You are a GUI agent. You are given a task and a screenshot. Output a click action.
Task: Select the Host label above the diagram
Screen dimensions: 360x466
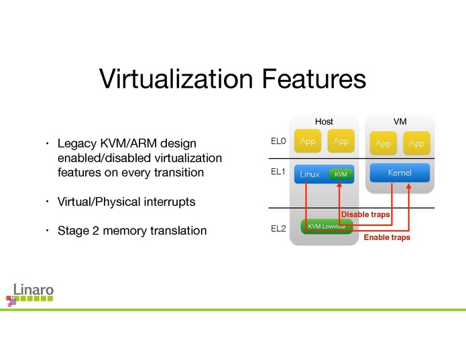click(x=324, y=121)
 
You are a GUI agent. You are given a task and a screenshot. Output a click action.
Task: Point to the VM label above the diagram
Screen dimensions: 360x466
click(x=400, y=121)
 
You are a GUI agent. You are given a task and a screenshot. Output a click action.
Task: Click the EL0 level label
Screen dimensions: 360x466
click(x=278, y=141)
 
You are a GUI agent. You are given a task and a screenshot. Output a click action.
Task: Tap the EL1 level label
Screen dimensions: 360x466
click(x=278, y=172)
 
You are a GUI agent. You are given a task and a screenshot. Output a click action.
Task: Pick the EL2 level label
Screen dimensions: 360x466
click(x=278, y=229)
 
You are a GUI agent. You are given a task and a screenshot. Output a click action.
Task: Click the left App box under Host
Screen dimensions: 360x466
click(x=308, y=141)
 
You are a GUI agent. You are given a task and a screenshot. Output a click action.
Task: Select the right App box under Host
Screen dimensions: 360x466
click(x=341, y=141)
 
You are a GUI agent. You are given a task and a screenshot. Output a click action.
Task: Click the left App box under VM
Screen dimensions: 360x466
click(x=383, y=143)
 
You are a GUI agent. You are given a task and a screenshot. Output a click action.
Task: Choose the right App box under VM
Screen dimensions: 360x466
click(x=416, y=143)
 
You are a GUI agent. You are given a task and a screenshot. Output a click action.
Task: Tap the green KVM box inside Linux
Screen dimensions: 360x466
click(x=341, y=174)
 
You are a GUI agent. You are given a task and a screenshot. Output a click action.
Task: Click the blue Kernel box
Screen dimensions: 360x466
click(x=400, y=173)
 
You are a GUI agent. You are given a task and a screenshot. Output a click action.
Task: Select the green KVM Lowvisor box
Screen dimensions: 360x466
click(x=327, y=227)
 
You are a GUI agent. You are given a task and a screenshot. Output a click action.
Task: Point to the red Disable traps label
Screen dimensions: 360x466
click(x=365, y=215)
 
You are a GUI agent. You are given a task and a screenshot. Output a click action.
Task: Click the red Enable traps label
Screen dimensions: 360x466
click(x=387, y=237)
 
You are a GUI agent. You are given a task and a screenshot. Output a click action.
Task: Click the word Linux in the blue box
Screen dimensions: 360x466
click(x=310, y=174)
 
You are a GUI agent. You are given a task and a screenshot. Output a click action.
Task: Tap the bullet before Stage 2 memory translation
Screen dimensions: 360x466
click(x=48, y=231)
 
